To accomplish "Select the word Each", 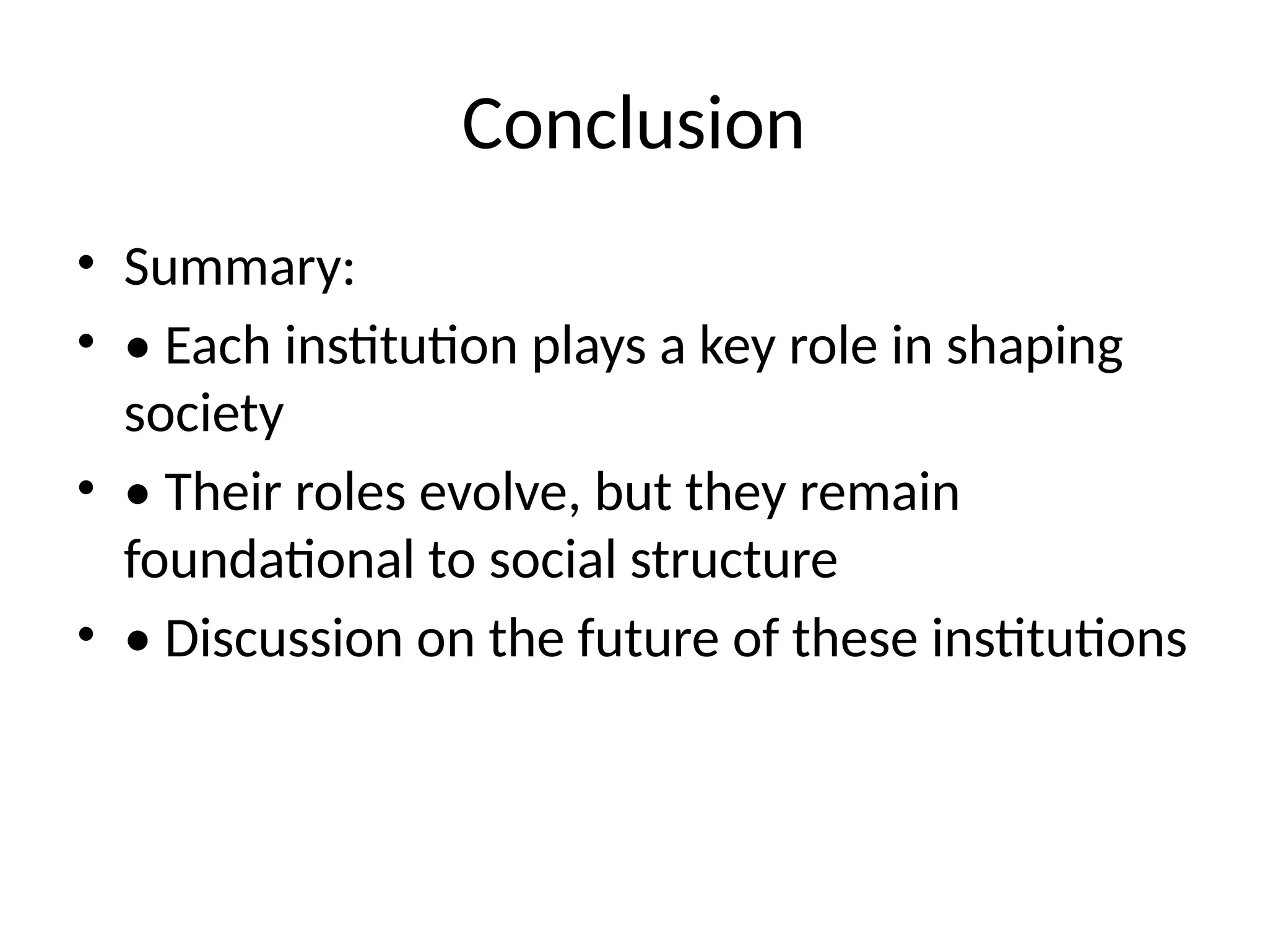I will (217, 346).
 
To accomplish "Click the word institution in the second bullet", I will (401, 346).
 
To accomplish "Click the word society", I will (204, 415).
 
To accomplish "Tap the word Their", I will (223, 493).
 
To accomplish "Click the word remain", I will (879, 493).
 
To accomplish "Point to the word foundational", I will (269, 560).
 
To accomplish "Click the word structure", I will (734, 560).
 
